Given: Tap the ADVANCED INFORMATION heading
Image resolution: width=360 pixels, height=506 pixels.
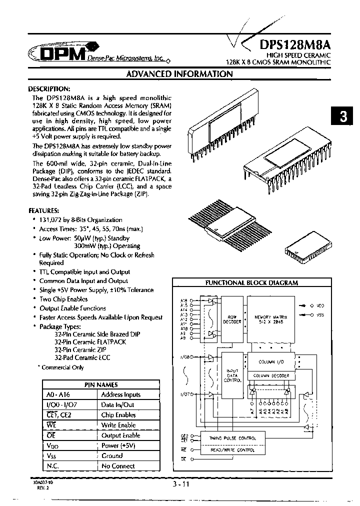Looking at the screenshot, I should (x=179, y=74).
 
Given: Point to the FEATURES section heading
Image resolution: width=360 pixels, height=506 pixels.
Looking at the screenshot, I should (x=47, y=210).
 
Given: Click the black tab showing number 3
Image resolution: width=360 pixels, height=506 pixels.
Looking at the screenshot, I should (x=343, y=117).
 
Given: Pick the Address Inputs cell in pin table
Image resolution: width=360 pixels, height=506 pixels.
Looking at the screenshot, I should (x=120, y=394).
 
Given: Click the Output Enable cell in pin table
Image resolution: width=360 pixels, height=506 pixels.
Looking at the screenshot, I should (x=120, y=435).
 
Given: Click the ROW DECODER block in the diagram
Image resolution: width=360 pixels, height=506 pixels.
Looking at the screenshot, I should (x=232, y=319).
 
